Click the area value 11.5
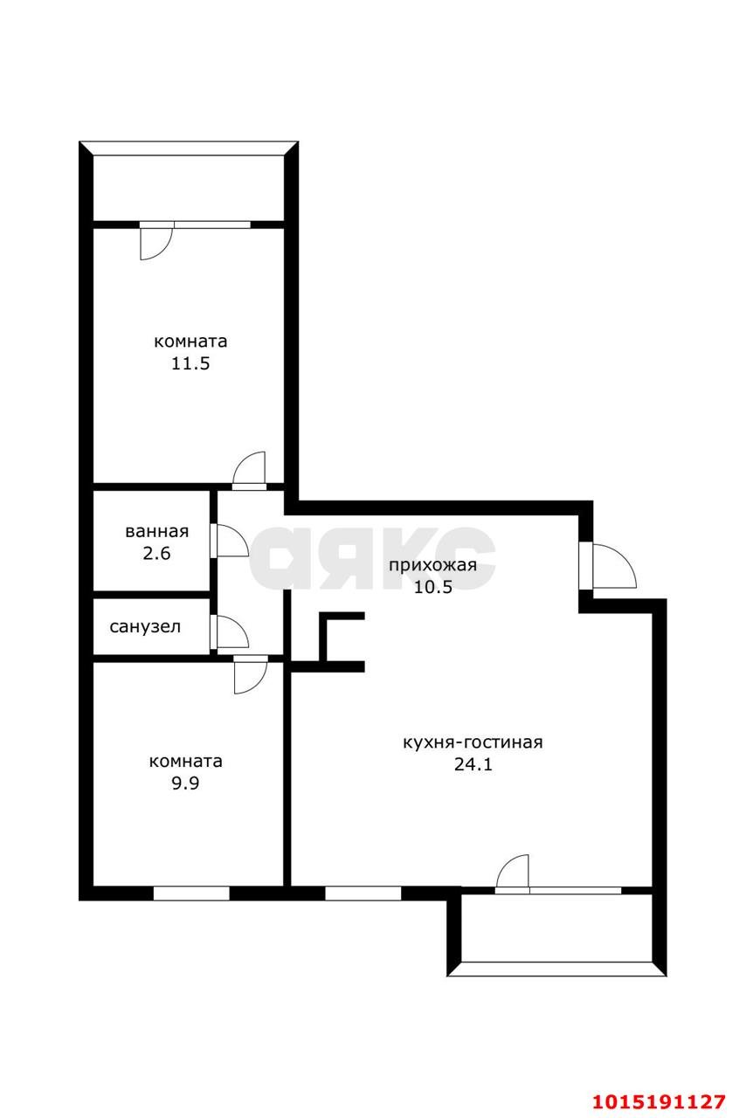point(190,364)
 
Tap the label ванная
point(157,531)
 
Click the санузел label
point(145,626)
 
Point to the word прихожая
point(432,564)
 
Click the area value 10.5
point(432,587)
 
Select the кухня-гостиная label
point(473,742)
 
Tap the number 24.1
point(473,765)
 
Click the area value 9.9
point(185,783)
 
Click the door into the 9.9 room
point(250,673)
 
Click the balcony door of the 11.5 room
point(155,240)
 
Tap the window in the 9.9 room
point(191,893)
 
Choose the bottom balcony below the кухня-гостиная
point(556,928)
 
